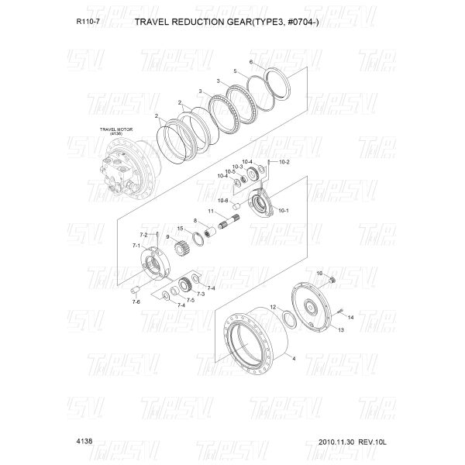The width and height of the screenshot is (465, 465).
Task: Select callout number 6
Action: (x=251, y=61)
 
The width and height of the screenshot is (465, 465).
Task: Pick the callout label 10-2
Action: (x=283, y=162)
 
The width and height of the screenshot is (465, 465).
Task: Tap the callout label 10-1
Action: (x=282, y=210)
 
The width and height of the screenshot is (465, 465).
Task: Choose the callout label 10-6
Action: (x=222, y=200)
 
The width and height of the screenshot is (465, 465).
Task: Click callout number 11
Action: (x=210, y=211)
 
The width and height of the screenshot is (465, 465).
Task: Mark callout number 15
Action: (x=179, y=228)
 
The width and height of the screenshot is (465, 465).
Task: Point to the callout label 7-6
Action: (x=136, y=301)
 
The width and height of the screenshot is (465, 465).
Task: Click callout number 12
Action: (x=273, y=308)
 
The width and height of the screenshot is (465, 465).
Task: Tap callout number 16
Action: (x=319, y=274)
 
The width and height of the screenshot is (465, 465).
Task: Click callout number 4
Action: (x=294, y=360)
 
